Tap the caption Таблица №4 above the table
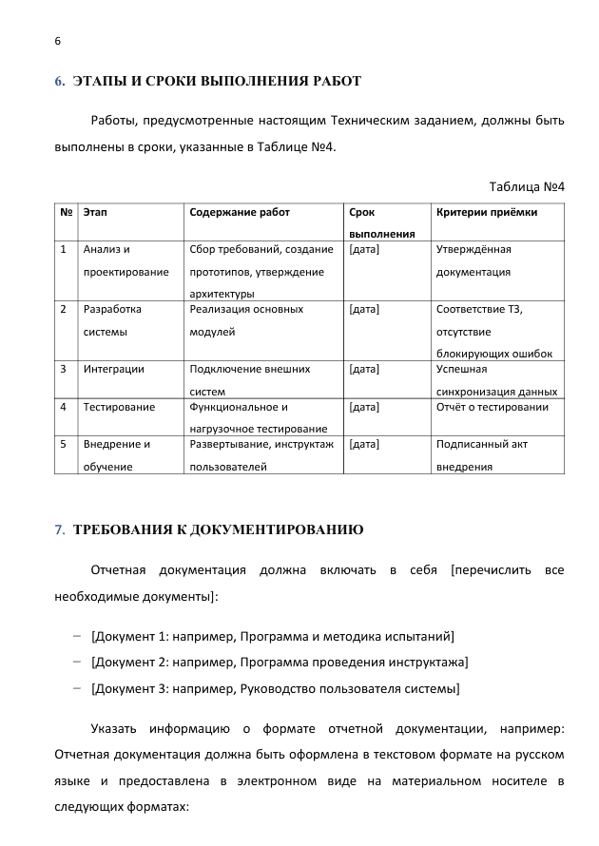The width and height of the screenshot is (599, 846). point(527,185)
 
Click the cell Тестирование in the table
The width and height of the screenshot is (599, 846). point(119,408)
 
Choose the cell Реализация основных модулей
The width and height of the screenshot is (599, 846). point(247,320)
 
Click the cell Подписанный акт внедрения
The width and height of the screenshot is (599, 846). point(481,455)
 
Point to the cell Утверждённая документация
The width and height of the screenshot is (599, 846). point(473,260)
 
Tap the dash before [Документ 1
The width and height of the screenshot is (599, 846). point(76,635)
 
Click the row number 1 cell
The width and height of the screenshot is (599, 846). point(63,250)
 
